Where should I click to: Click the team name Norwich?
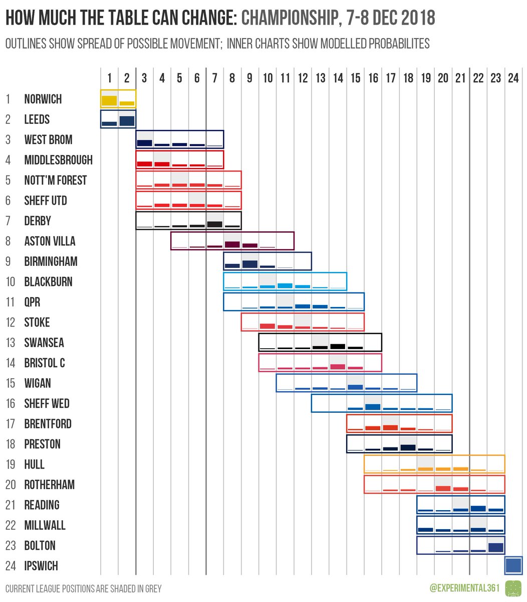coord(43,99)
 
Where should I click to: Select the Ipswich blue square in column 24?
coord(513,565)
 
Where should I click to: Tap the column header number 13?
coord(320,78)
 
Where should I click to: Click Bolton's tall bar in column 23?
coord(495,547)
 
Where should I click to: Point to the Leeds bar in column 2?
coord(127,121)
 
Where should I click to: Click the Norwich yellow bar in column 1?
coord(109,101)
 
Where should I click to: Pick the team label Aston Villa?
coord(50,241)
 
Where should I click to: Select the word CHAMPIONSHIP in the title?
coord(288,19)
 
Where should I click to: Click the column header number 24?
coord(513,78)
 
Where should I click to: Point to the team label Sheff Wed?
coord(47,404)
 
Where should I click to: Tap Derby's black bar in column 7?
coord(214,224)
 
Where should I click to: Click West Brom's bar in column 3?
coord(144,143)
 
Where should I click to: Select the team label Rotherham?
coord(49,485)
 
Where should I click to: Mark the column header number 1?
coord(109,78)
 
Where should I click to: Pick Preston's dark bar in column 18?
coord(408,447)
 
